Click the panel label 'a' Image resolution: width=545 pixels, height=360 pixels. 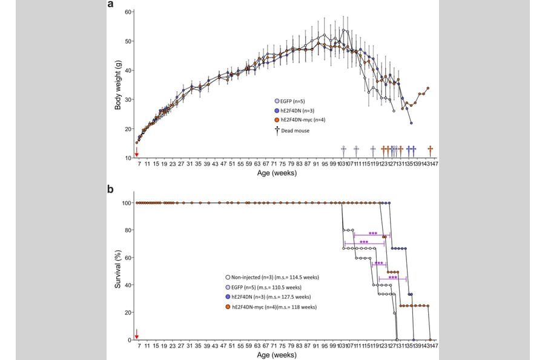pos(111,5)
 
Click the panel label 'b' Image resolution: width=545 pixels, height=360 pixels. pos(111,189)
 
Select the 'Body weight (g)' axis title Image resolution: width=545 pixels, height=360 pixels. pos(119,85)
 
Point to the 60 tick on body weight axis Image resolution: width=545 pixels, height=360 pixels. pos(128,12)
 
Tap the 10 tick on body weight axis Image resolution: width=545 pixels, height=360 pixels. pos(128,158)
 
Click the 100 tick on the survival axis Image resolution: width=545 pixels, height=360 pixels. pos(127,203)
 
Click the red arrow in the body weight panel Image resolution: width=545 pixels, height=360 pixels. pos(137,152)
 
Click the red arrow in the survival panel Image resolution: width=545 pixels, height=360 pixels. pos(137,334)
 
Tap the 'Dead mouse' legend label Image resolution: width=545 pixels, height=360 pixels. pos(297,130)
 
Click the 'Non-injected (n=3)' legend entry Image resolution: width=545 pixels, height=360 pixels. pos(269,277)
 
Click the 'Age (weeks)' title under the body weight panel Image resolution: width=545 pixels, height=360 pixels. pos(283,173)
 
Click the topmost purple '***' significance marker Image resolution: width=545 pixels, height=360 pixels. pos(372,233)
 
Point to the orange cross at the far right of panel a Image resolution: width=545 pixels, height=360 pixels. pos(430,150)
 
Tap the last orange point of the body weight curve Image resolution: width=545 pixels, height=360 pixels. pos(428,88)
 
